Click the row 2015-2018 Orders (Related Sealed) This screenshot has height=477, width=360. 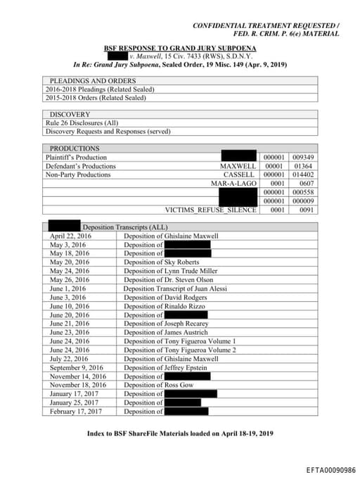coord(99,98)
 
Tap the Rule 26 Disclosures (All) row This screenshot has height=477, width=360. coord(82,122)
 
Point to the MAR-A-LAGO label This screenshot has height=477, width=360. coord(233,184)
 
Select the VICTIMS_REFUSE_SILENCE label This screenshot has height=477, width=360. coord(210,210)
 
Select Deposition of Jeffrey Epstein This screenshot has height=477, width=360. coord(163,367)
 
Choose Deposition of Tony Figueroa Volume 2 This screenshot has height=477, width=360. coord(180,350)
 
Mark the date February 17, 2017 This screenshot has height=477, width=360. coord(75,412)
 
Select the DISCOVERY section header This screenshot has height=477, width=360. coord(70,114)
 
